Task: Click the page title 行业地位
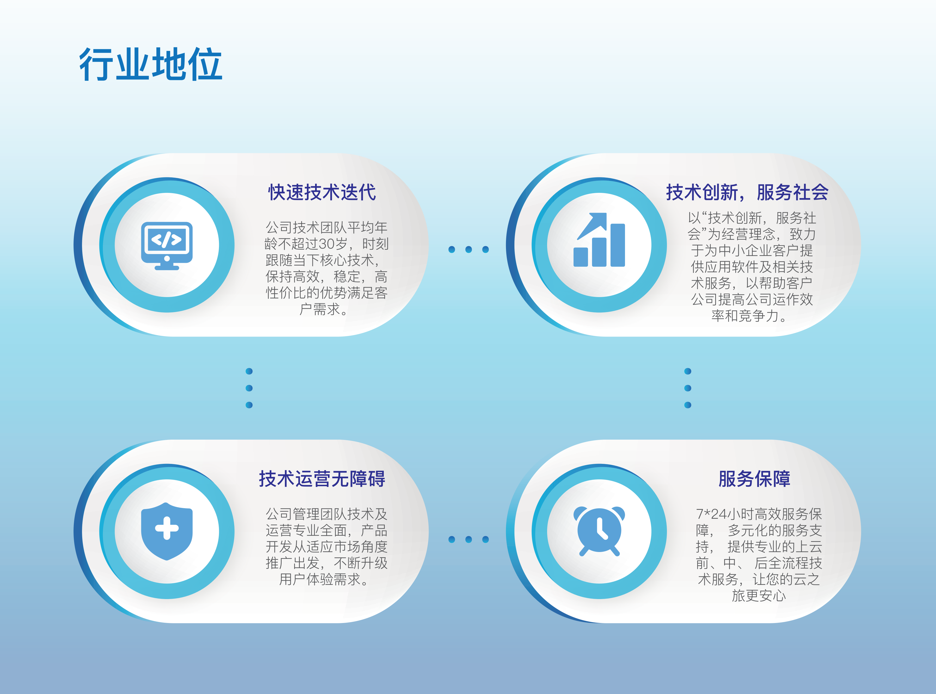click(151, 64)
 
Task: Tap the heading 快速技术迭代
click(322, 192)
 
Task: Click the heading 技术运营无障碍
click(322, 479)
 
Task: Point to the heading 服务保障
click(754, 479)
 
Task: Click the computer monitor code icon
click(167, 246)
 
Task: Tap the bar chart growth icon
click(599, 239)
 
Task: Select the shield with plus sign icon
click(167, 531)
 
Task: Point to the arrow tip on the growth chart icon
click(606, 213)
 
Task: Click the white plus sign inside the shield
click(167, 528)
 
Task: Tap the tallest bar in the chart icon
click(618, 245)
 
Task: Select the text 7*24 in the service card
click(711, 514)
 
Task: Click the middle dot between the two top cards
click(468, 249)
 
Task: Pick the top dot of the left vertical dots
click(249, 371)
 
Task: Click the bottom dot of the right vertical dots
click(688, 405)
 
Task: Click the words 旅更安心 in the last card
click(758, 595)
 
